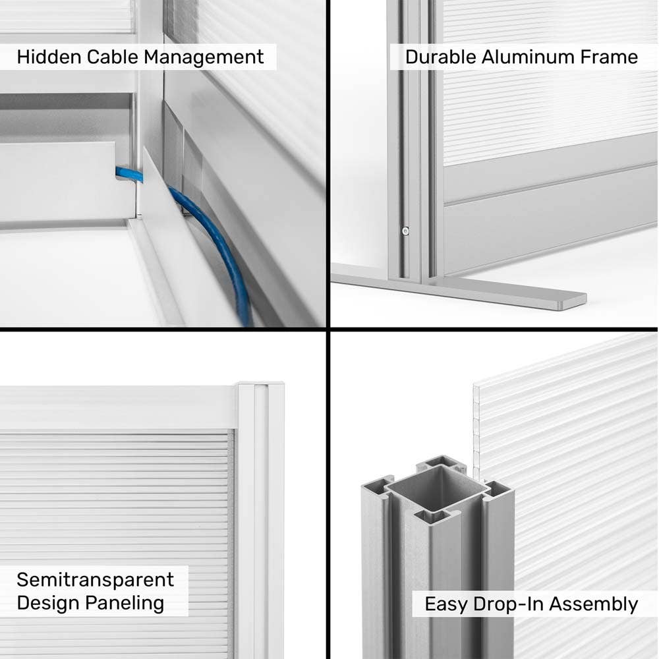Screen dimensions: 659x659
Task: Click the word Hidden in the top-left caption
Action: tap(49, 57)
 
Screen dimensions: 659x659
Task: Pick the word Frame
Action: tap(609, 57)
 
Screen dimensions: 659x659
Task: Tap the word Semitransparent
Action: tap(95, 580)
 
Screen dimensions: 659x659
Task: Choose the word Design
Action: tap(48, 604)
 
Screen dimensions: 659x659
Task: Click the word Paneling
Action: tap(125, 604)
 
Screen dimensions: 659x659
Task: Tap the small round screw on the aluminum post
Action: tap(405, 231)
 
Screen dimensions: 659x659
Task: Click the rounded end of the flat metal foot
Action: tap(582, 300)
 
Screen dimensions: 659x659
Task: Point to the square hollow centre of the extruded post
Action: tap(437, 484)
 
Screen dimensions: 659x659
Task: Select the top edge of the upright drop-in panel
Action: tap(565, 358)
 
